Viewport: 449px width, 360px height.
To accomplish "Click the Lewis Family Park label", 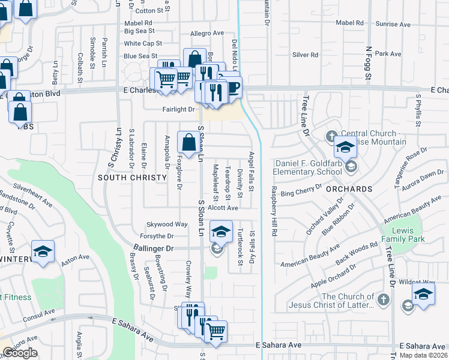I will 408,235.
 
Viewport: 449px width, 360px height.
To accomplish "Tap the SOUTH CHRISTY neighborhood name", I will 132,178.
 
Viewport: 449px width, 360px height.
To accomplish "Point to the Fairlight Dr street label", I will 179,109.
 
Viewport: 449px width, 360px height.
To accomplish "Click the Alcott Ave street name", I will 224,208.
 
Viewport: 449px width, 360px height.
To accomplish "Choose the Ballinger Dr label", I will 153,248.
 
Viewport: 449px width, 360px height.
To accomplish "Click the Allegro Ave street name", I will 206,34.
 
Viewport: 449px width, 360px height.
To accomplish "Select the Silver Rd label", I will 305,55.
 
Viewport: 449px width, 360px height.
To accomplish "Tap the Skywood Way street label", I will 172,224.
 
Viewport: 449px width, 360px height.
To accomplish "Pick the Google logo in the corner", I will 20,353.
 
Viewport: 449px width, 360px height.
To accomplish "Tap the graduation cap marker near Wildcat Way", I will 423,294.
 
